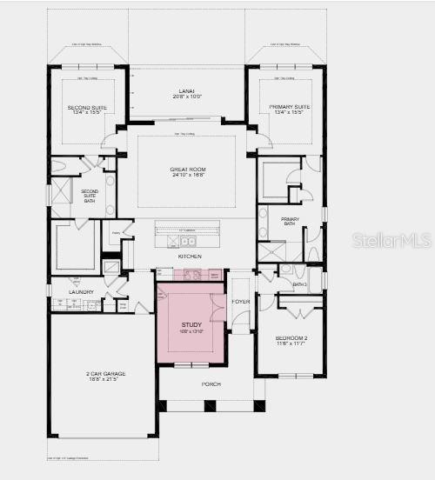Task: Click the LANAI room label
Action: [x=186, y=89]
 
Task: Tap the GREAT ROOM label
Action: [x=186, y=169]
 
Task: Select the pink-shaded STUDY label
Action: [x=191, y=324]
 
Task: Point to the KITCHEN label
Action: [x=190, y=257]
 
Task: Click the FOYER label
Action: [x=240, y=303]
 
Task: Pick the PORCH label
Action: [x=211, y=383]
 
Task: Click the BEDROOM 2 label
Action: [x=290, y=337]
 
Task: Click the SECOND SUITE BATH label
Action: [x=90, y=197]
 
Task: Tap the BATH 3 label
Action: [x=299, y=284]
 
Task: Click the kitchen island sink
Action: [x=187, y=241]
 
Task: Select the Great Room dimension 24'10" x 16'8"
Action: [x=186, y=175]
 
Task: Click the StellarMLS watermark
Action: [x=391, y=239]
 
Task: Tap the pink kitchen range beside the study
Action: [x=192, y=275]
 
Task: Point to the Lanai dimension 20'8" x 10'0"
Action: [x=186, y=95]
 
